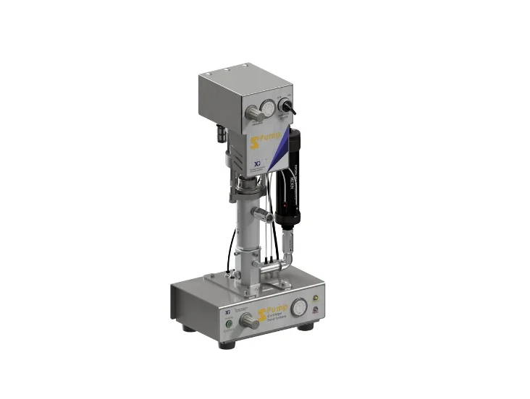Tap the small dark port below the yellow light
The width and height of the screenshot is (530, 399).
(315, 310)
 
